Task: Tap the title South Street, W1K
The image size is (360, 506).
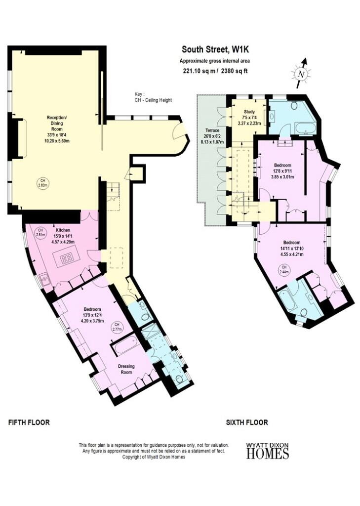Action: (214, 49)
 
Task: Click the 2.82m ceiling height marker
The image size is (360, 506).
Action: (42, 183)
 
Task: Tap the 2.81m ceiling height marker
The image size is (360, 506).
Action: (40, 233)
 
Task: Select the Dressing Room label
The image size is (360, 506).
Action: (127, 369)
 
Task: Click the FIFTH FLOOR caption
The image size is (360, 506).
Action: (29, 422)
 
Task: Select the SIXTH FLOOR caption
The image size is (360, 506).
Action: (247, 422)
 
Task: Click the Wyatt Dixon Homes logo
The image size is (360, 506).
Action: (268, 451)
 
